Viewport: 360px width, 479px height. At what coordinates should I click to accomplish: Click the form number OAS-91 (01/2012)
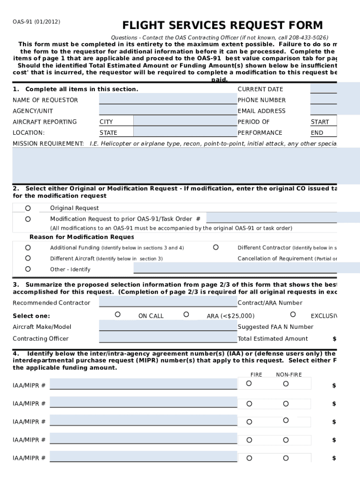coord(36,22)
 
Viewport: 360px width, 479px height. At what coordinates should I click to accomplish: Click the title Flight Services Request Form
coord(223,25)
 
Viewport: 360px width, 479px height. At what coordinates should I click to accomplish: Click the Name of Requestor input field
coord(168,100)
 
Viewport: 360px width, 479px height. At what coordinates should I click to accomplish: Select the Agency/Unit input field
coord(168,110)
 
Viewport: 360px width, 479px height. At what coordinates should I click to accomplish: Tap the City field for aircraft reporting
coord(185,122)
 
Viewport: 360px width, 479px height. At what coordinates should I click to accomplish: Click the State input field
coord(185,132)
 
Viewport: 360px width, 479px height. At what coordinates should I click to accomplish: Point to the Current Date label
coord(260,89)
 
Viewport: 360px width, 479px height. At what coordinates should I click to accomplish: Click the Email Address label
coord(261,111)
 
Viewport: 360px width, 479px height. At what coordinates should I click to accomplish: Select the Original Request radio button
coord(28,208)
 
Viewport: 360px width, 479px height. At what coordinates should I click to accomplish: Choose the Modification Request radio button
coord(28,219)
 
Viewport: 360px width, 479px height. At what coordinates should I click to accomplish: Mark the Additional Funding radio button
coord(28,247)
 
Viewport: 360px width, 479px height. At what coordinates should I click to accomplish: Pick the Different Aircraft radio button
coord(28,258)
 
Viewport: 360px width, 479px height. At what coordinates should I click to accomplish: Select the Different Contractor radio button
coord(216,247)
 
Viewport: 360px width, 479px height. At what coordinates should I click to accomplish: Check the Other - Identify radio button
coord(28,269)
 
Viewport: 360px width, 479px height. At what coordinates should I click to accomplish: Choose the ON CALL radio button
coord(118,315)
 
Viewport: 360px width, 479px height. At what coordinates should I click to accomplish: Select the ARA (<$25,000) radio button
coord(186,315)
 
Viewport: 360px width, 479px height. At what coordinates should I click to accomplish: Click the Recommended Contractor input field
coord(168,303)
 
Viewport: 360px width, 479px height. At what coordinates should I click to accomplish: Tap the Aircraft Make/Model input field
coord(168,327)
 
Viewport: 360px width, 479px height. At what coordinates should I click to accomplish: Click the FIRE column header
coord(256,375)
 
